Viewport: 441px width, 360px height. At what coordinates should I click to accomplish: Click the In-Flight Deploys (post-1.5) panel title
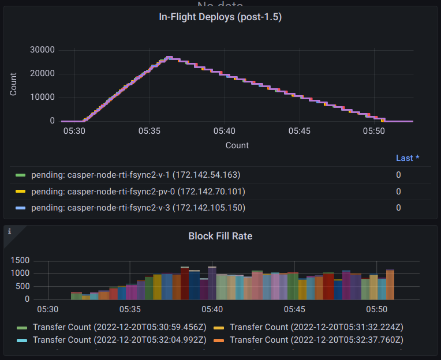pos(220,17)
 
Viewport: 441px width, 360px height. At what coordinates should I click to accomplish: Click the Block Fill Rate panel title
pos(220,236)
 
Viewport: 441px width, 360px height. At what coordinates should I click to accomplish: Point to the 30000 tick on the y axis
pos(42,50)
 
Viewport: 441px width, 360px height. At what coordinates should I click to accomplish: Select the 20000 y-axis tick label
pos(42,74)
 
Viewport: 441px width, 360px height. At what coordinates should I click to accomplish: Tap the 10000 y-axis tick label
pos(42,97)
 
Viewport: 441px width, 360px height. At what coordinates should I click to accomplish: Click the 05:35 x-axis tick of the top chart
pos(150,132)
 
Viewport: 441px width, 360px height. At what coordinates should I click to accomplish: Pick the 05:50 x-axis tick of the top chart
pos(374,132)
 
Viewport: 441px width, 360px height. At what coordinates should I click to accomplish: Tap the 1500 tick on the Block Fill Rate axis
pos(20,261)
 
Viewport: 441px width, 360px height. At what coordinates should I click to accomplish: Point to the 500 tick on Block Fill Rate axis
pos(23,287)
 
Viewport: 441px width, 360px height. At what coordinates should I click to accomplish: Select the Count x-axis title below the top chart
pos(237,145)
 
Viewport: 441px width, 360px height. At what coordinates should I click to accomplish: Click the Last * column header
pos(408,158)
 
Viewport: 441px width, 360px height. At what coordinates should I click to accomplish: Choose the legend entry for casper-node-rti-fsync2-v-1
pos(136,175)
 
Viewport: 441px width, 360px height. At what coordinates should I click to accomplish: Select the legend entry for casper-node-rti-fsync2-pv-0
pos(138,192)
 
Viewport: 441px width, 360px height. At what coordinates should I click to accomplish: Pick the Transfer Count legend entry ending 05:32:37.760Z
pos(316,340)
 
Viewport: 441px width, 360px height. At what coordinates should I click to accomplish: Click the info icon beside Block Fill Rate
pos(9,231)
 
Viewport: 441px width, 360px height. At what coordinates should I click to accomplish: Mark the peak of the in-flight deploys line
pos(169,57)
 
